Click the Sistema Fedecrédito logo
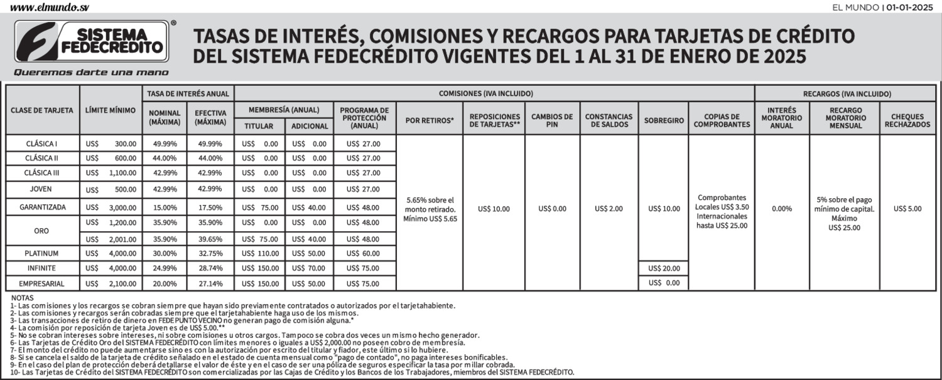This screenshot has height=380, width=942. [93, 42]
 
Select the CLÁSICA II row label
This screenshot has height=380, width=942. [42, 158]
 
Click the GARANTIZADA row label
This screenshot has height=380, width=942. [42, 208]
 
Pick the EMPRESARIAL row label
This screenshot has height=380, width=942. [42, 283]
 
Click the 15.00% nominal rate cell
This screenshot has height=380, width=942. [165, 208]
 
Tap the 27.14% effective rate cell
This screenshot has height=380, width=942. [210, 283]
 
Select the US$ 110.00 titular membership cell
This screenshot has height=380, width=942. [260, 253]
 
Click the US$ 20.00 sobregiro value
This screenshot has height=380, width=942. [664, 268]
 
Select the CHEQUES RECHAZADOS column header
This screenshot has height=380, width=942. [907, 120]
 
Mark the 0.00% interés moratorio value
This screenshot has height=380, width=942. [781, 209]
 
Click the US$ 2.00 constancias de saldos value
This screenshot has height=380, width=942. [609, 209]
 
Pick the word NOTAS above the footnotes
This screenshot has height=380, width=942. [22, 298]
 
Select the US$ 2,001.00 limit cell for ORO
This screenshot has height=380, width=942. [111, 239]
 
